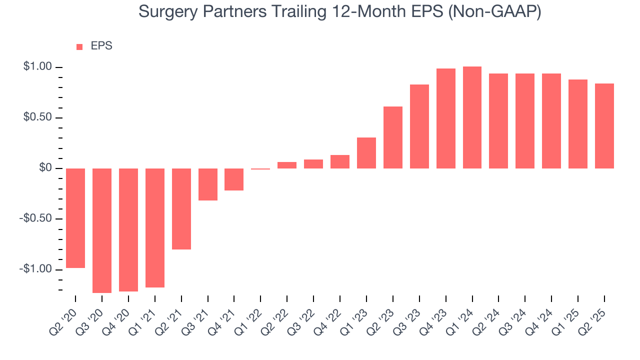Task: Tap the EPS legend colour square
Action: point(79,47)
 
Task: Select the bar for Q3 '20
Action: point(102,230)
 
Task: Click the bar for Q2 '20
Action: point(75,218)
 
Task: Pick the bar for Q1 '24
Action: point(472,117)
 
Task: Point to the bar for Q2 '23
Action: point(393,137)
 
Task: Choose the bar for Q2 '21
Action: point(181,209)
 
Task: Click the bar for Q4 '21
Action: point(234,179)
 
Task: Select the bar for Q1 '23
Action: point(366,153)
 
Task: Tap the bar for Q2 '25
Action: point(604,126)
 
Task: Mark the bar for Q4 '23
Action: point(445,118)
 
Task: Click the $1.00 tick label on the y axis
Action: point(37,67)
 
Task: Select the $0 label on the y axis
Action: point(46,168)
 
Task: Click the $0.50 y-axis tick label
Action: point(37,118)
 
